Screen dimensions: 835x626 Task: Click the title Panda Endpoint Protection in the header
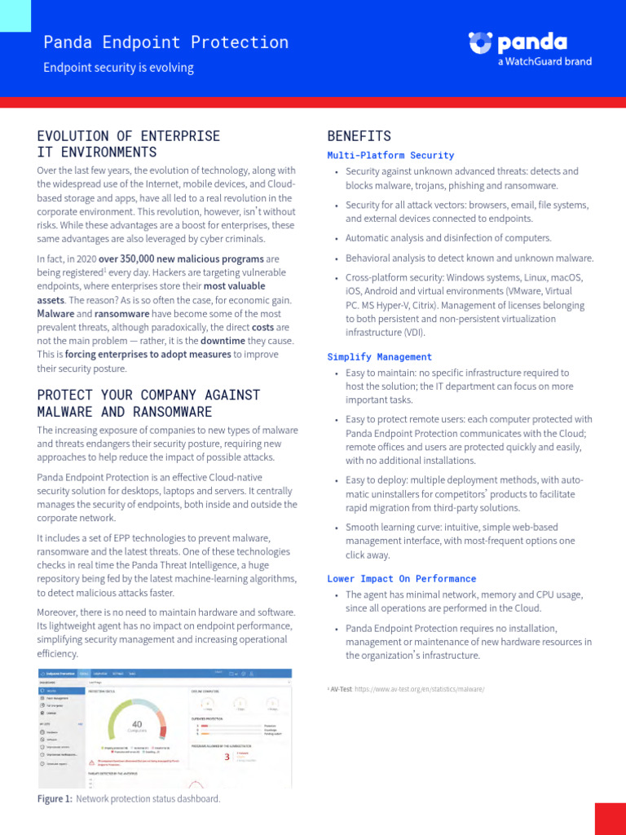pos(165,42)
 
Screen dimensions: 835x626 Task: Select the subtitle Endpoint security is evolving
pos(118,68)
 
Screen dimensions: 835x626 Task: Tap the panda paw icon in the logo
pos(481,43)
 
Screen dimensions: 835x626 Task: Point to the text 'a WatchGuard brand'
pos(544,61)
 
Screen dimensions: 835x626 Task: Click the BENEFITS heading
pos(359,136)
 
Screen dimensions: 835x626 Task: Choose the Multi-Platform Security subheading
pos(390,155)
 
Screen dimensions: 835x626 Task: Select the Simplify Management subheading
pos(380,357)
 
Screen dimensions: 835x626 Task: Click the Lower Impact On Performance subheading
pos(402,579)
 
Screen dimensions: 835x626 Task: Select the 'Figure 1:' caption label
pos(55,799)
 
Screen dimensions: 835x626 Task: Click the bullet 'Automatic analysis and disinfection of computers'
pos(448,238)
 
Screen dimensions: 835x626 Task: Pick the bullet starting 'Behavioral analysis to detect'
pos(469,258)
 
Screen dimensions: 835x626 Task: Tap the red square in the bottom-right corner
pos(610,819)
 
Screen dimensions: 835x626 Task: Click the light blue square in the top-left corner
pos(15,15)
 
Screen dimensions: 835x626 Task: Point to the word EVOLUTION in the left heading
pos(71,136)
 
